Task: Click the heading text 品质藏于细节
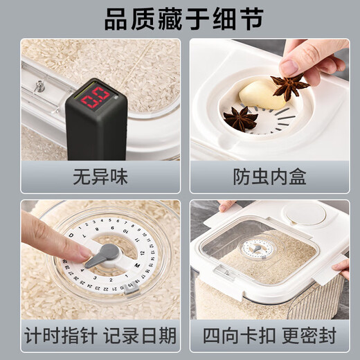point(179,19)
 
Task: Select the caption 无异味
point(100,177)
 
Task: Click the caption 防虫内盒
point(269,177)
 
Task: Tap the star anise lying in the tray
point(240,118)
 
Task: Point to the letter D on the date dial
point(72,235)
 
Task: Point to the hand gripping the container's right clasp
point(343,267)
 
